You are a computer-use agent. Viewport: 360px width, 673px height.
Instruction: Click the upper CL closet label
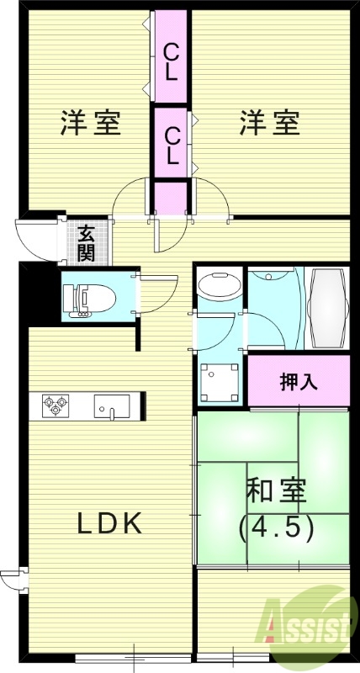coord(171,61)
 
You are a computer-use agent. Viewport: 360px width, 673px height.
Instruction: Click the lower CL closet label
coord(172,145)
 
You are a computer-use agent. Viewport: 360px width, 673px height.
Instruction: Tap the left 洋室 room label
coord(91,123)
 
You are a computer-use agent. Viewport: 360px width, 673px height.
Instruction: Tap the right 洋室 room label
coord(269,123)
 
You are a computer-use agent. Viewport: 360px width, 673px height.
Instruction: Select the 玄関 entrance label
coord(87,242)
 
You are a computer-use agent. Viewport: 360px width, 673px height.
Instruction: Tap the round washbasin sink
coord(218,288)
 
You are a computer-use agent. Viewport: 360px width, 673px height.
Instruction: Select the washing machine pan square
coord(220,379)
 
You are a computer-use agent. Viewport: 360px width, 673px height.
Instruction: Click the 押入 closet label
coord(299,381)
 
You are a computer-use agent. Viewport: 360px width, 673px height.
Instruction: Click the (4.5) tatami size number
coord(277,527)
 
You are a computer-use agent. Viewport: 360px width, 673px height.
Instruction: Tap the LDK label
coord(109,523)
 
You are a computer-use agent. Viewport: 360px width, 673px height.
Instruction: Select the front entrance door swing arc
coord(35,240)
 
